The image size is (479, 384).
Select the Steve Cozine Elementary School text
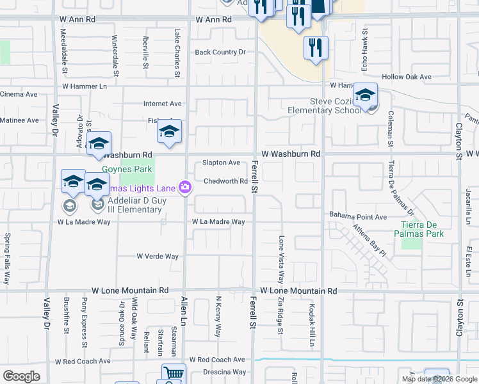[327, 106]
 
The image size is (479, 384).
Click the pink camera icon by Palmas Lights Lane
[185, 186]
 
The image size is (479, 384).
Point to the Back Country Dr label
[220, 52]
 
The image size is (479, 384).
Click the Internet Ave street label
[163, 103]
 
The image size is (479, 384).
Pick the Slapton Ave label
[221, 163]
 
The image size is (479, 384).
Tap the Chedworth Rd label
[225, 181]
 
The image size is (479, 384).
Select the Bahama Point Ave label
[358, 217]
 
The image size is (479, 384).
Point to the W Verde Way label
[158, 256]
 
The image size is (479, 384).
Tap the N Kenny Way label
[218, 316]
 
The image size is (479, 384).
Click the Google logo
[21, 376]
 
